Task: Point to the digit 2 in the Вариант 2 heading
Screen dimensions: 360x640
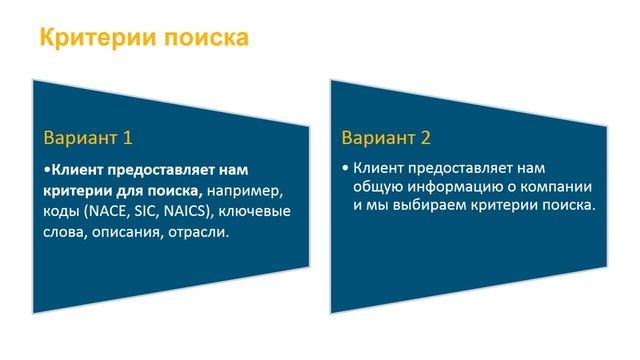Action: (x=444, y=137)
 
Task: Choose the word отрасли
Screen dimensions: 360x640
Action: (x=199, y=233)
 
